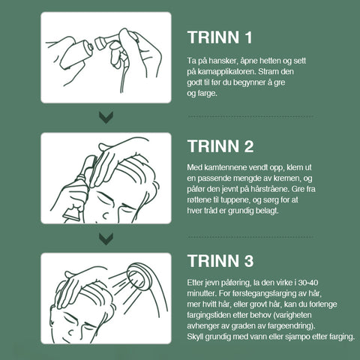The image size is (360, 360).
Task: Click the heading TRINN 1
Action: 220,37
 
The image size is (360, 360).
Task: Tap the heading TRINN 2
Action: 220,146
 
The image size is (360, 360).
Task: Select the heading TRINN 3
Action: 220,261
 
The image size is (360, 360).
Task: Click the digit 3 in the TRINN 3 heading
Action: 249,261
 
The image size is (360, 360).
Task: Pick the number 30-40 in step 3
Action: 308,283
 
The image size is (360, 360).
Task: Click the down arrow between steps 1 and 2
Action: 106,118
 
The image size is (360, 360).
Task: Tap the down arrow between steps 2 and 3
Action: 106,239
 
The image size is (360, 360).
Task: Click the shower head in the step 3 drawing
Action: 139,276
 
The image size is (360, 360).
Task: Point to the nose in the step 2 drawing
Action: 106,214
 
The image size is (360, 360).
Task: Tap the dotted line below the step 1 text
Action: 250,116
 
